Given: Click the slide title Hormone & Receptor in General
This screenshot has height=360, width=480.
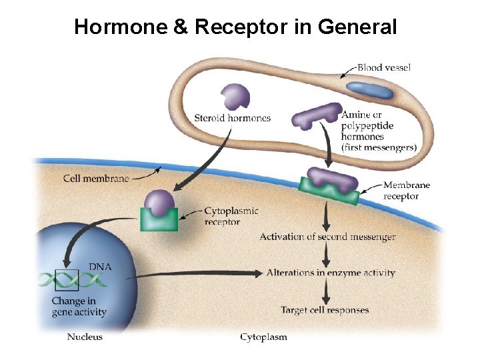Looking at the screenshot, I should point(235,27).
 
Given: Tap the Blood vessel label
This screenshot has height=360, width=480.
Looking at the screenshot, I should point(384,67).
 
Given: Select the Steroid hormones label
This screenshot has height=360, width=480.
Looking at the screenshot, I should point(232,118).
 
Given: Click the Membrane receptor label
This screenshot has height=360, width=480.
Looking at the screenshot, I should point(407,191).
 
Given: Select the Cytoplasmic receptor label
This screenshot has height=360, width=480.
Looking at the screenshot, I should point(231,217).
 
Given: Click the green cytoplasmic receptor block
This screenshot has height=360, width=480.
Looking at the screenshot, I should point(159,219).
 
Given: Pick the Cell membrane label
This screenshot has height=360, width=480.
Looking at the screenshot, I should point(96,178).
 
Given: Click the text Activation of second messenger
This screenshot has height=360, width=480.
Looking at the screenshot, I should point(327,237).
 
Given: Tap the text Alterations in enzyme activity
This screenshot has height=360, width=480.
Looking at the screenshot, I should point(331,273).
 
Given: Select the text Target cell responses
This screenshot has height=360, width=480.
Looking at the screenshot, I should point(325,310).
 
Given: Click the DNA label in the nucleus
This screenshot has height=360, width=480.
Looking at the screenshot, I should point(101,267).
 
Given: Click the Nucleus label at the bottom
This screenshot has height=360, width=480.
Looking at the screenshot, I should point(85,337).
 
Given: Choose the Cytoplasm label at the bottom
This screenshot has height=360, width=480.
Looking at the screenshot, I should point(263,337).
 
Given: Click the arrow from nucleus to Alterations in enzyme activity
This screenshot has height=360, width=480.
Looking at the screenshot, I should point(200,273).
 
